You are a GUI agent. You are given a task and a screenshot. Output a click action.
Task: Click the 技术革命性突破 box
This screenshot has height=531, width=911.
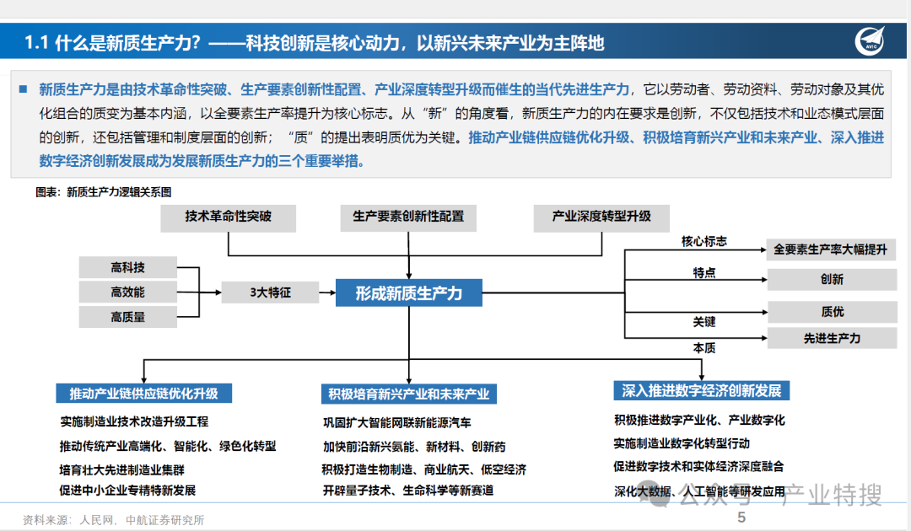[x=228, y=217]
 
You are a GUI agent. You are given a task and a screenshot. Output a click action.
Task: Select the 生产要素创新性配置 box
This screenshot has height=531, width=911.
[x=408, y=217]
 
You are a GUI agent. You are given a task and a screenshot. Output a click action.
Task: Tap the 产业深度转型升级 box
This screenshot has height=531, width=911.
[x=601, y=217]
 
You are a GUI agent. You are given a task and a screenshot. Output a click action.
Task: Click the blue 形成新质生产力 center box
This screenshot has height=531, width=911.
[x=408, y=293]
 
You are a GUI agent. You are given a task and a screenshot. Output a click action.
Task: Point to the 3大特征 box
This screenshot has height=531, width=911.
[x=270, y=292]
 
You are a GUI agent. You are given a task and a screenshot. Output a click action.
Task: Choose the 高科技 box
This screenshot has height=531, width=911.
[x=127, y=268]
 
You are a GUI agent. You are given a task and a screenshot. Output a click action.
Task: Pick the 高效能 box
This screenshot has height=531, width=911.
[x=127, y=292]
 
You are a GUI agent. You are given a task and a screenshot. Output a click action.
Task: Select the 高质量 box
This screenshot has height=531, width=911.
[x=127, y=317]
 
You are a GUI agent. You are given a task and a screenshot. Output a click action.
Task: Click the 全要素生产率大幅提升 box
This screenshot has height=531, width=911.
[x=831, y=249]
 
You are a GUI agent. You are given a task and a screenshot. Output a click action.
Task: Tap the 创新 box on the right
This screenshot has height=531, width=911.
[x=831, y=280]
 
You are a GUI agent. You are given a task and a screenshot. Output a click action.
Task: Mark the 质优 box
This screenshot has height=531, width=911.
[x=831, y=312]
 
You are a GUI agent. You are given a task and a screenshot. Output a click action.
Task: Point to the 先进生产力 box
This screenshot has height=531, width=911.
[x=831, y=338]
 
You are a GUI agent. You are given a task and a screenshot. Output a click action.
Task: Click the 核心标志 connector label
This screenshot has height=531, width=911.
[x=704, y=241]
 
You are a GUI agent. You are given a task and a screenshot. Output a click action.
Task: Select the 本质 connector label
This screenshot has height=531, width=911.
[x=704, y=347]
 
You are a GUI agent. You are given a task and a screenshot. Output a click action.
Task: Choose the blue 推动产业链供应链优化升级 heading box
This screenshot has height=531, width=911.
[x=143, y=394]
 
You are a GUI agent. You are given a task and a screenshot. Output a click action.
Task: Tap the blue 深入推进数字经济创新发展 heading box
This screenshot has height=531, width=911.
[x=702, y=390]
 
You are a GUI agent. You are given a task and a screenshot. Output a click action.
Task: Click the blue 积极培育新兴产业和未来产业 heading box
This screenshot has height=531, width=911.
[x=408, y=394]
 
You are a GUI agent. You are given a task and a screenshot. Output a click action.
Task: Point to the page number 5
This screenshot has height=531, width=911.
[x=742, y=518]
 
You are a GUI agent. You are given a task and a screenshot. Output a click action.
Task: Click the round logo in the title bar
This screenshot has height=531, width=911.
[x=874, y=41]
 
